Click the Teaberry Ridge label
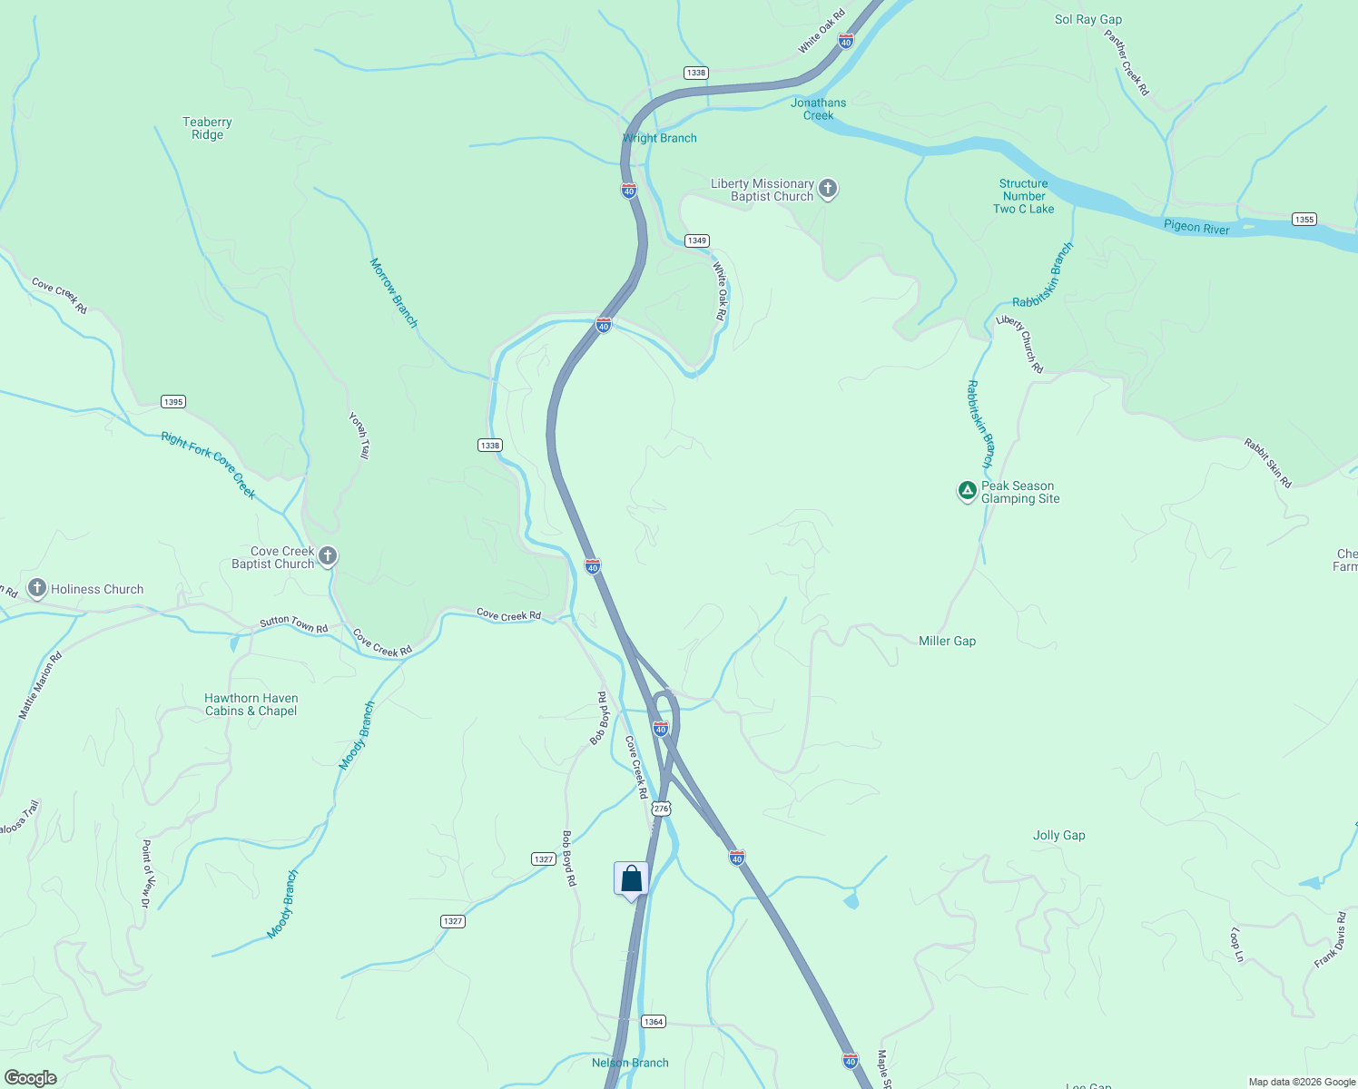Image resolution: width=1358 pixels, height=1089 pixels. click(x=207, y=128)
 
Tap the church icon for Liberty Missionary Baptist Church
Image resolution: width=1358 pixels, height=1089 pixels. click(x=827, y=189)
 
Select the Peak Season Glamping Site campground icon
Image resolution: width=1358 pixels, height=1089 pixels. click(x=968, y=491)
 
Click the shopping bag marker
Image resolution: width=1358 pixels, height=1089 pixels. click(x=631, y=878)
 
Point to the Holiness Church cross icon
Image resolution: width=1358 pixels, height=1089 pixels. click(x=37, y=588)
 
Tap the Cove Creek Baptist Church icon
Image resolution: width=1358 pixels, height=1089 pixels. click(x=328, y=556)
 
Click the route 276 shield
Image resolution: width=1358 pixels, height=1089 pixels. click(x=661, y=809)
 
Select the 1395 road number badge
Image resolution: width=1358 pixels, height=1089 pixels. click(x=172, y=401)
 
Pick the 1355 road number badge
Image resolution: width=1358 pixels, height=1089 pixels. click(x=1304, y=219)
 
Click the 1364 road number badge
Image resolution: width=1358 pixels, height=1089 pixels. click(x=654, y=1021)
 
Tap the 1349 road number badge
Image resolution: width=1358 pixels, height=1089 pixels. click(x=696, y=240)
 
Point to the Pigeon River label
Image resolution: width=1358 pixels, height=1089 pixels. click(x=1196, y=227)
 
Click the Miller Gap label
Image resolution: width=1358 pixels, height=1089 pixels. click(x=947, y=641)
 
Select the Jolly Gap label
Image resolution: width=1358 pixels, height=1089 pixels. click(x=1058, y=835)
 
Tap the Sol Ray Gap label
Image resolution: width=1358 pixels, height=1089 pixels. click(x=1087, y=19)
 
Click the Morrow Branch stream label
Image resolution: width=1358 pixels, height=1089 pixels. click(x=393, y=292)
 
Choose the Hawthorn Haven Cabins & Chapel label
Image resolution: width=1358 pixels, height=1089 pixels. click(x=251, y=704)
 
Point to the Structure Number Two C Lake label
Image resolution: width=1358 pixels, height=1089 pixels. click(x=1023, y=196)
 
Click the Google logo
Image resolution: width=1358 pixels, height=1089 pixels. click(x=31, y=1077)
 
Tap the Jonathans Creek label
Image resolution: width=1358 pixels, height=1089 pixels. click(x=818, y=109)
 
